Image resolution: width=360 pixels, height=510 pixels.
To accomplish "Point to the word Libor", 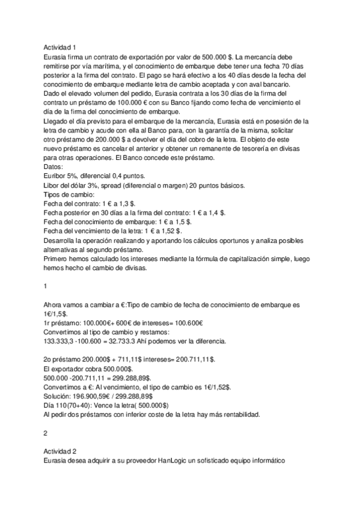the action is point(53,186).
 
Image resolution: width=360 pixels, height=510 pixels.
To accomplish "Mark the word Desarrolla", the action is point(63,241).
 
